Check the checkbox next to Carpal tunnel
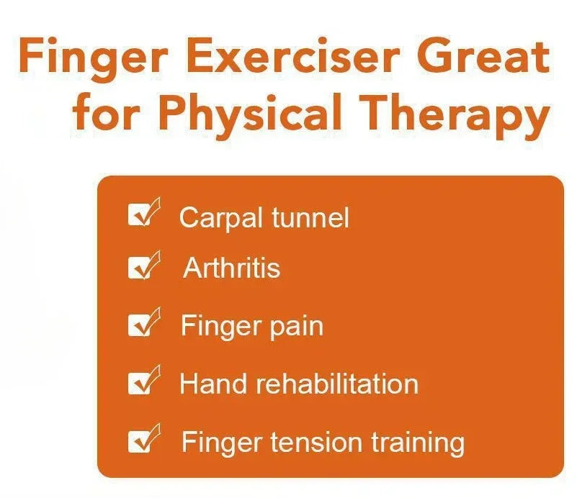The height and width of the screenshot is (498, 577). point(140,215)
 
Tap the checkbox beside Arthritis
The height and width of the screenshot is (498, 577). point(140,268)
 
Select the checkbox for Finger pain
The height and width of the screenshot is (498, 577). point(140,325)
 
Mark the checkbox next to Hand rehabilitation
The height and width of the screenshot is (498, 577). point(140,383)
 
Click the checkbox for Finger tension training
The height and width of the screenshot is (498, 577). point(140,440)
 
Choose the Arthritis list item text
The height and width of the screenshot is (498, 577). point(232,268)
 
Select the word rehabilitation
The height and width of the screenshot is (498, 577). point(337,384)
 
